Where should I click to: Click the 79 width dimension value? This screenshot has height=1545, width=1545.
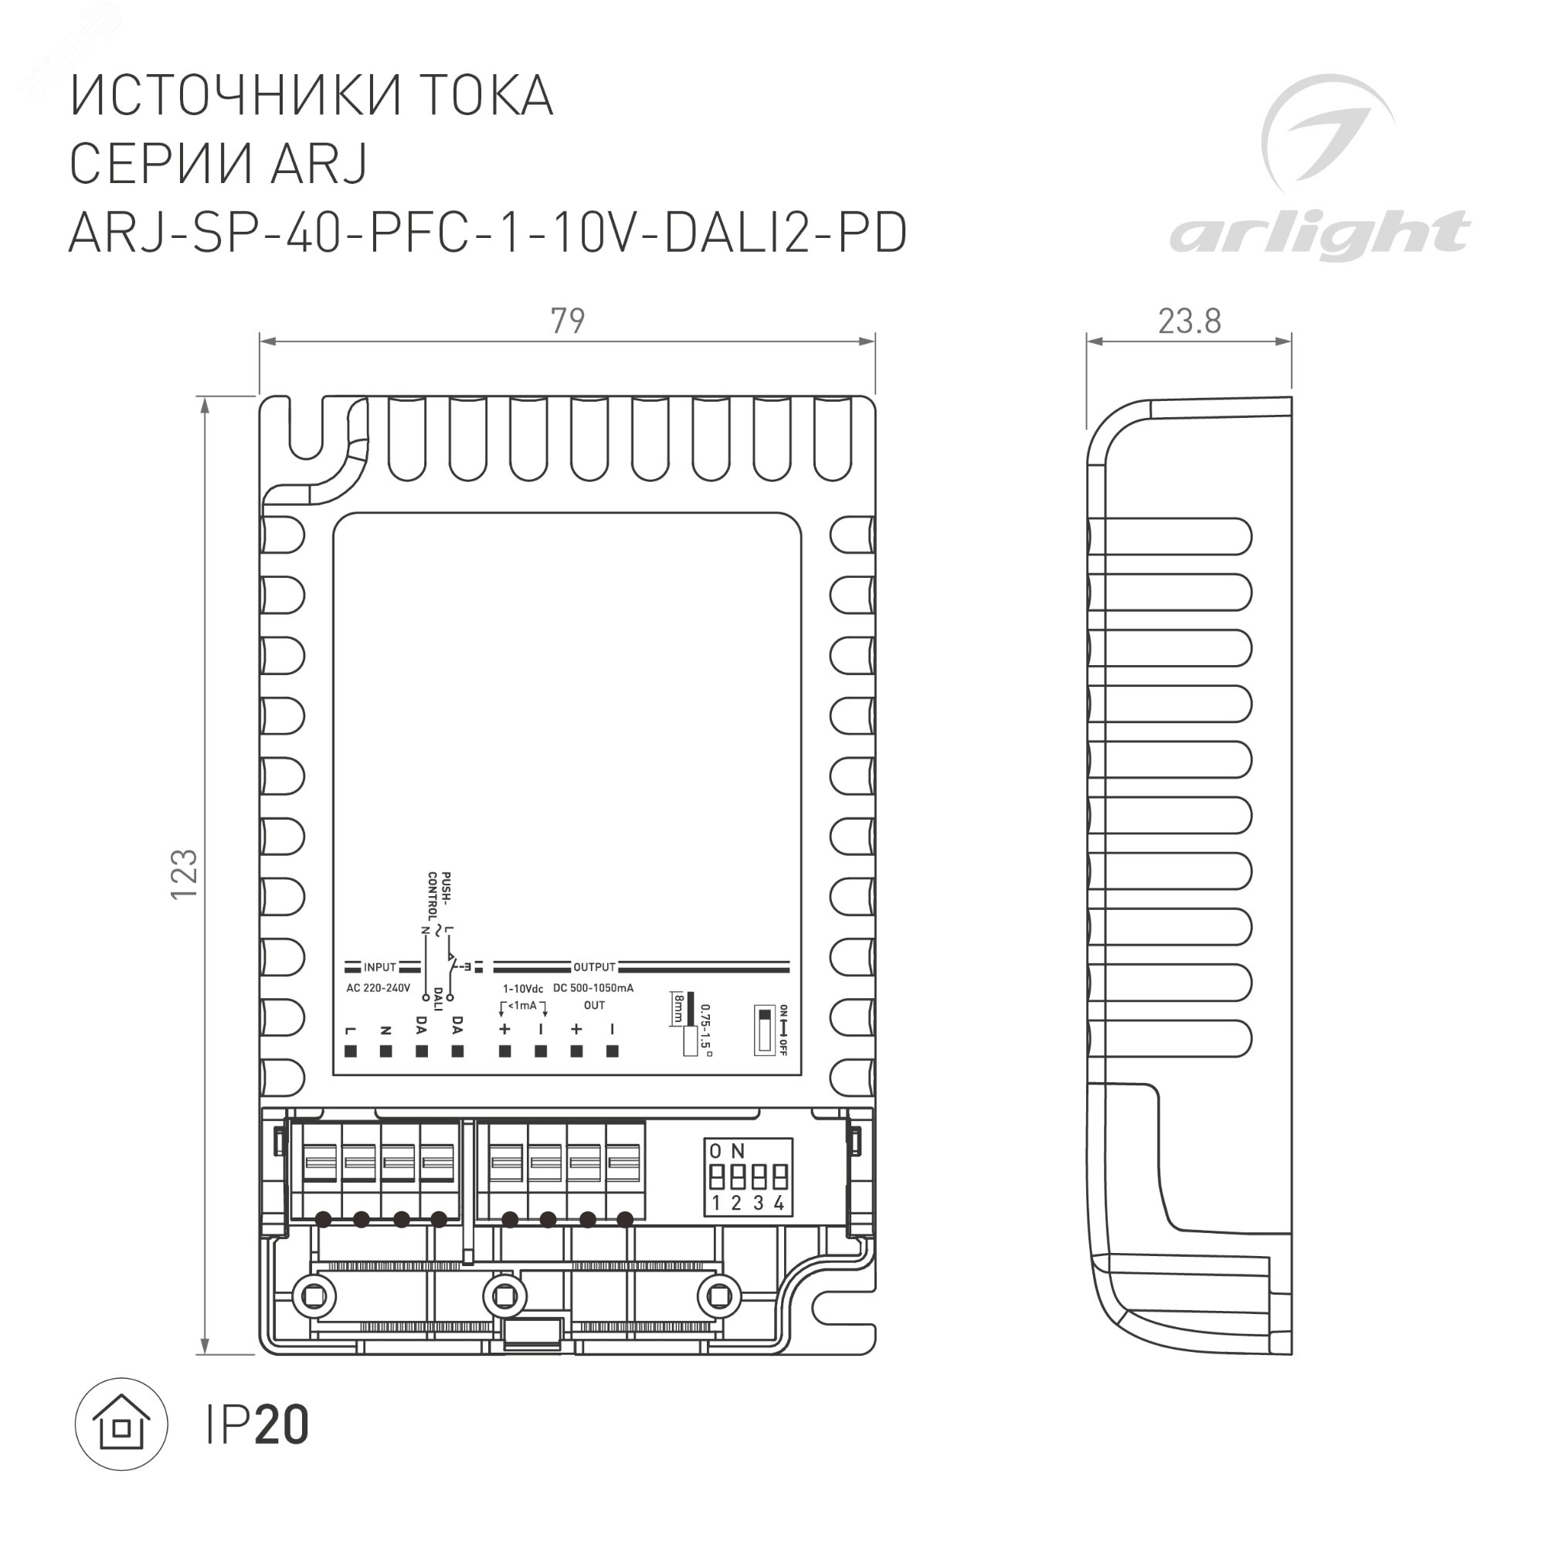[x=567, y=321]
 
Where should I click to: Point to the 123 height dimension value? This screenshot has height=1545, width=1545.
[x=185, y=873]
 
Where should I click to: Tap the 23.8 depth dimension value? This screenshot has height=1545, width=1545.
[x=1189, y=321]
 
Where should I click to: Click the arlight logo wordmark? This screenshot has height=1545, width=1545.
[x=1319, y=234]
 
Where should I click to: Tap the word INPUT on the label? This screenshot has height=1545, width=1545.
[x=380, y=968]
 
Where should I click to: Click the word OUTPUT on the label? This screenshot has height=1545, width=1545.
[x=593, y=968]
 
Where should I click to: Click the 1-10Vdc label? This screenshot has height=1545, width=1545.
[x=522, y=990]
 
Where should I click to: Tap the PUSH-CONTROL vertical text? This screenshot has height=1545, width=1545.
[x=439, y=895]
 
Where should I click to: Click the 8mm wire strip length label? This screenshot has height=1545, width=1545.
[x=678, y=1009]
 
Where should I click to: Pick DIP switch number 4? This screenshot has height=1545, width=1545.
[x=779, y=1177]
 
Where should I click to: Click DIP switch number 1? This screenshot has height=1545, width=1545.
[x=717, y=1177]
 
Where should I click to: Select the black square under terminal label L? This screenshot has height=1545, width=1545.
[x=350, y=1051]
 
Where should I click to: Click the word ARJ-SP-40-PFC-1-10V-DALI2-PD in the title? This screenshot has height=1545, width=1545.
[x=487, y=234]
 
